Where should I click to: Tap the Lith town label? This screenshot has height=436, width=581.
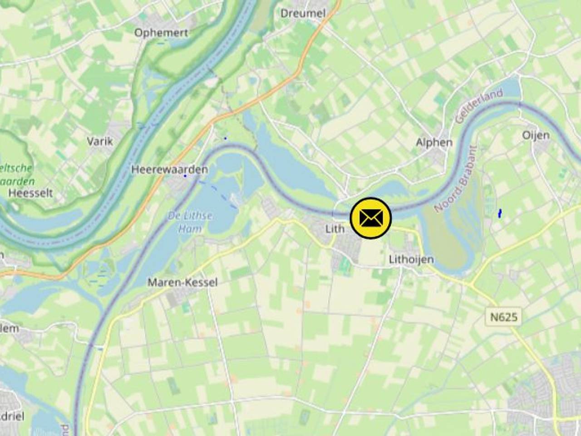click(335, 228)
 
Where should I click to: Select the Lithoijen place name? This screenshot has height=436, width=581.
click(411, 259)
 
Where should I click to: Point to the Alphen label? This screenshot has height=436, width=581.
click(434, 142)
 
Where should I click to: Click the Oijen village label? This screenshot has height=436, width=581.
click(536, 135)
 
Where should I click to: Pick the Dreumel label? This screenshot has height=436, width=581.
click(303, 13)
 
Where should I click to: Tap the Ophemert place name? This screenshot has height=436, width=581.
click(161, 32)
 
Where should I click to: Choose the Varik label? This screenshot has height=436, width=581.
click(100, 141)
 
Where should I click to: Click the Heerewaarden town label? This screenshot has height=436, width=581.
click(169, 169)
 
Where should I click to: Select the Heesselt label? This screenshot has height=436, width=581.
click(30, 193)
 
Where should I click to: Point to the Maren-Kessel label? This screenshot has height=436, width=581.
click(182, 282)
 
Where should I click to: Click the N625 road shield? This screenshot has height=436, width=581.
click(504, 317)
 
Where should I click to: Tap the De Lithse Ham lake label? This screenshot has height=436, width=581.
click(190, 222)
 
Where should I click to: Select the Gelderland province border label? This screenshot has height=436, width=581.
click(479, 106)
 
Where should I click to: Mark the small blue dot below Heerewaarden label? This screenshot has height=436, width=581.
click(185, 176)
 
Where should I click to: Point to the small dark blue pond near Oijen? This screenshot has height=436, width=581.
click(500, 213)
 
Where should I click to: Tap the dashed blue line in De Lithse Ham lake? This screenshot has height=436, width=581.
click(218, 193)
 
